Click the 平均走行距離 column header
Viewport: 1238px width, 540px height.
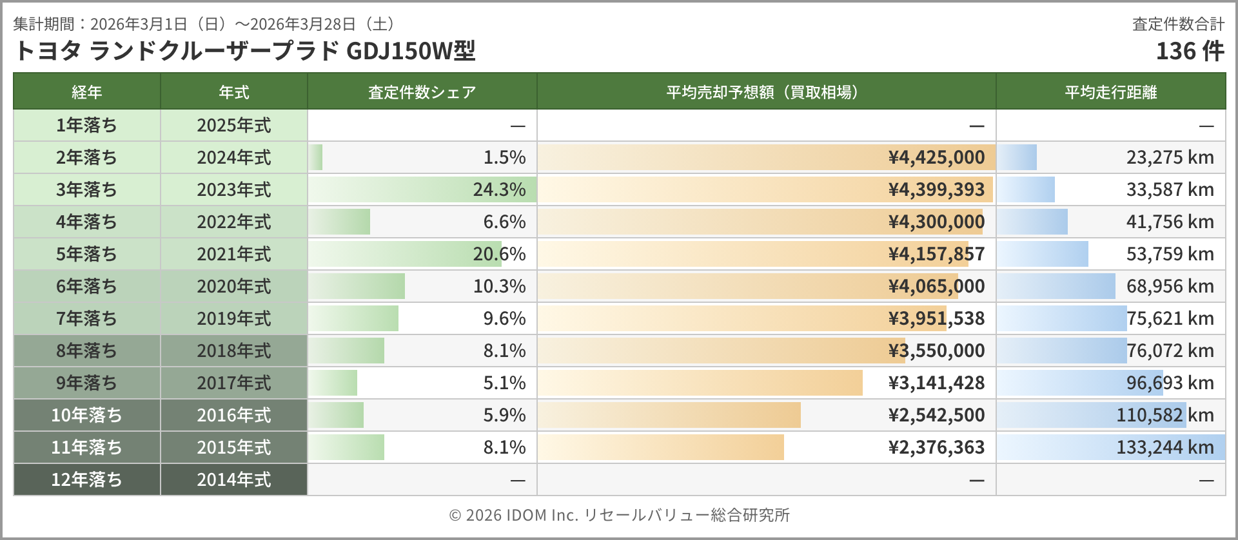tap(1110, 92)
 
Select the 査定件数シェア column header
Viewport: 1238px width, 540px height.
tap(422, 92)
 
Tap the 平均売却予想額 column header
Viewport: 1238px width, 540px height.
tap(765, 92)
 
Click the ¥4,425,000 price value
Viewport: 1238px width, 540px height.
tap(936, 157)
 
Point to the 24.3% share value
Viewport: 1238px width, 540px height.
tap(499, 189)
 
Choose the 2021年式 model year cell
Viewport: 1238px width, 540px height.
tap(233, 254)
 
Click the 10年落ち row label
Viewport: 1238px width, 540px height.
tap(86, 415)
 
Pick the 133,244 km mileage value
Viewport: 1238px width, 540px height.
tap(1164, 447)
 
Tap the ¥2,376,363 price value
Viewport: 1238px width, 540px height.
tap(936, 447)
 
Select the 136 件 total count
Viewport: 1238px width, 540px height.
tap(1190, 51)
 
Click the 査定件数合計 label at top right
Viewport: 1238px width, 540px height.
tap(1178, 24)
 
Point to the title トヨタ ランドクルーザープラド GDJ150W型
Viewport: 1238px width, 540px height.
tap(244, 51)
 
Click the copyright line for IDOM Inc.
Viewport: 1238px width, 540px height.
tap(619, 515)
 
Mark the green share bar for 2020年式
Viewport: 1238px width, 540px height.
tap(357, 286)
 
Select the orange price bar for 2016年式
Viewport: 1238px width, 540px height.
tap(669, 415)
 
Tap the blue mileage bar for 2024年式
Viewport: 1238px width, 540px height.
tap(1017, 157)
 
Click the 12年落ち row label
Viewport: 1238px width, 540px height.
tap(86, 479)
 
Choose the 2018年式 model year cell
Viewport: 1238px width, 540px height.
tap(233, 351)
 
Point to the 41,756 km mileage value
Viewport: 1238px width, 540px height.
tap(1170, 222)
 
